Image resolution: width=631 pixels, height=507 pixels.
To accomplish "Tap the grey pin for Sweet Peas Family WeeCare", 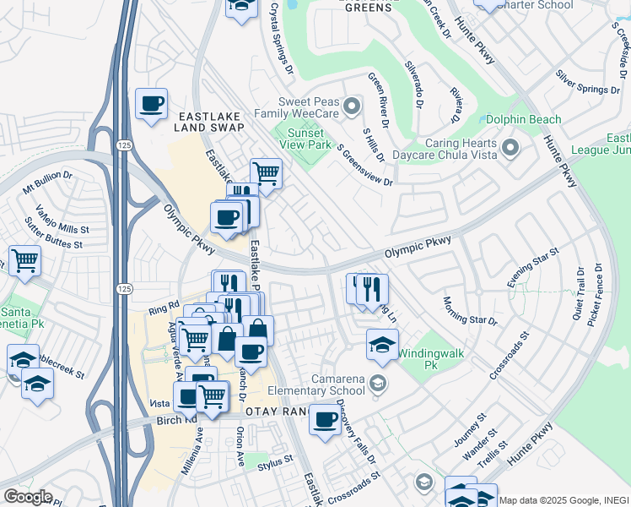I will click(x=353, y=106).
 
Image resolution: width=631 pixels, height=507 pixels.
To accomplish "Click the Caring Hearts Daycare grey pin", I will click(x=510, y=150).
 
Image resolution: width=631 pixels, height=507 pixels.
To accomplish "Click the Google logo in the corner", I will click(x=28, y=497).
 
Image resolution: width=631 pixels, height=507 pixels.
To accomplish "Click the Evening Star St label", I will click(x=533, y=268).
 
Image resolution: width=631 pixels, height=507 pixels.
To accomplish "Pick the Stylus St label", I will click(x=275, y=461).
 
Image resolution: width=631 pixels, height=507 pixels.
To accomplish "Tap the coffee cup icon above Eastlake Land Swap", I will click(x=151, y=104).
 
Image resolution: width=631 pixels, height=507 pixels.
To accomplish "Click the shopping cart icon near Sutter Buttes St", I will click(x=24, y=259).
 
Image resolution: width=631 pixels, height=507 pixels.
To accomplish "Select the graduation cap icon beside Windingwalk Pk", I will click(x=382, y=343).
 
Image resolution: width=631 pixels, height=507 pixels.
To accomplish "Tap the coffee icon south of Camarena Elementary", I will click(x=325, y=420).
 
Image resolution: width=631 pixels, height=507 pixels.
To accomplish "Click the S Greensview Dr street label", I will click(x=365, y=165).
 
